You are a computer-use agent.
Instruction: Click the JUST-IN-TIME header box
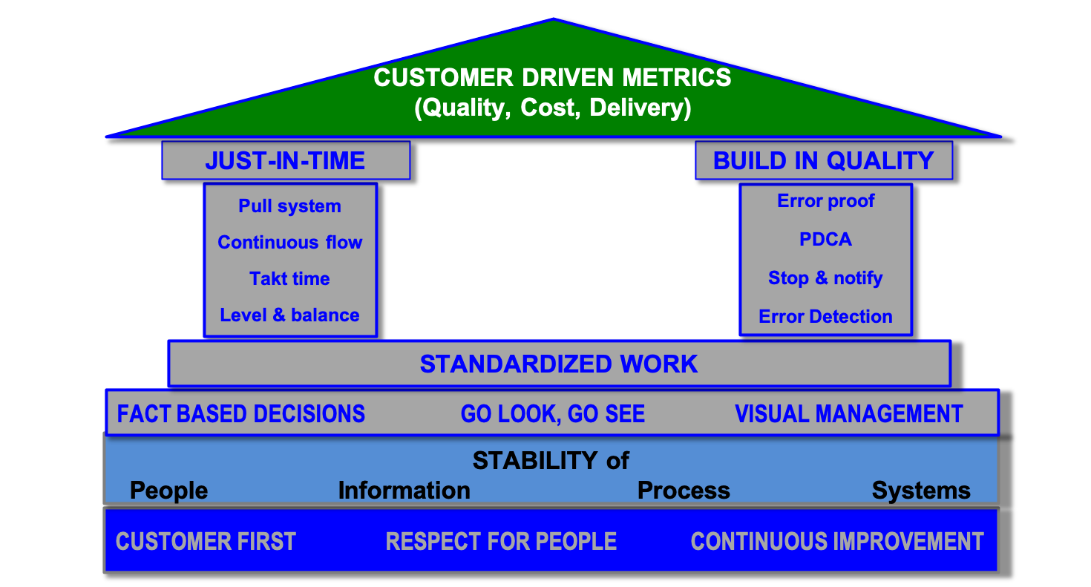click(286, 160)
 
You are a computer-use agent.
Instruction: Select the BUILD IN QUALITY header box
click(823, 160)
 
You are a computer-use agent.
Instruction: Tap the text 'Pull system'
click(289, 206)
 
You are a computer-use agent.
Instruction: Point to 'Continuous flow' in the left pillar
click(289, 243)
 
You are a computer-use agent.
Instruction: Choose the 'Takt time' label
click(289, 279)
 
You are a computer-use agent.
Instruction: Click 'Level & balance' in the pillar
click(289, 315)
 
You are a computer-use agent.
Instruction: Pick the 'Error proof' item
click(825, 201)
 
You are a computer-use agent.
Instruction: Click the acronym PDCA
click(825, 240)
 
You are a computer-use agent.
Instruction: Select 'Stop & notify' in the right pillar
click(825, 278)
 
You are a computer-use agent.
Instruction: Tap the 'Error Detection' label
click(825, 317)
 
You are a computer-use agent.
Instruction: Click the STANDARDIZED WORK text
click(559, 364)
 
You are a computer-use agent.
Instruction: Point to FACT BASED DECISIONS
click(241, 413)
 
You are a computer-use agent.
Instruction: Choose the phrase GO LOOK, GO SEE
click(553, 413)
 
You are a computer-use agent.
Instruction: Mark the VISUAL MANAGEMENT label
click(849, 413)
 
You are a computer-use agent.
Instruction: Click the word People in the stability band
click(169, 491)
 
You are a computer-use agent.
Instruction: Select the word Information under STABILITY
click(404, 491)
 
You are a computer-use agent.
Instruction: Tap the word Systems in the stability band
click(921, 491)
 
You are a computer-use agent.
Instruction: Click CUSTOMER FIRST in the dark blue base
click(206, 542)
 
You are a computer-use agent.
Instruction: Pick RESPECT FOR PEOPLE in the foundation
click(501, 542)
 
